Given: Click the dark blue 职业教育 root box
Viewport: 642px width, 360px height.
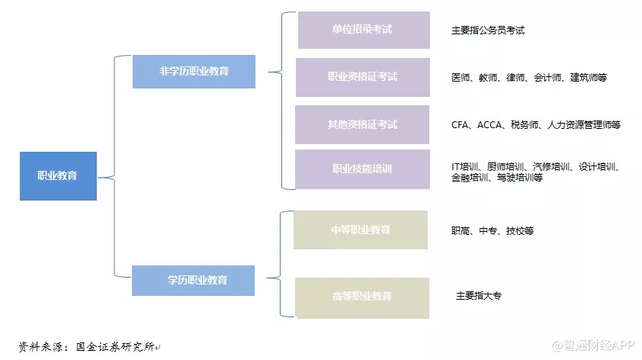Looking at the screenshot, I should pos(58,176).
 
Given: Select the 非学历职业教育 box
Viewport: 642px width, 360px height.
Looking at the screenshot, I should pos(193,72).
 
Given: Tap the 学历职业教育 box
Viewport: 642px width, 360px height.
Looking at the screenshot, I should pos(193,280).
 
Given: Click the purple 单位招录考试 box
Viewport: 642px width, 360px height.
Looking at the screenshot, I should pos(363,31).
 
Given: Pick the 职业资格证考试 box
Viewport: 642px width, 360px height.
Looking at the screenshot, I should pos(363,77).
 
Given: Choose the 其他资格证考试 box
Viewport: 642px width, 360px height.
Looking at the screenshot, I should pos(363,124).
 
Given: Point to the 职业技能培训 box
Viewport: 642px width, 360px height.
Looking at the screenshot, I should pos(363,169).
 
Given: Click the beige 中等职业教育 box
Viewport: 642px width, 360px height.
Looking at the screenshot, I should pos(361,230).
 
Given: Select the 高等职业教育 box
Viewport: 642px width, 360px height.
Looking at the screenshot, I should pos(361,297).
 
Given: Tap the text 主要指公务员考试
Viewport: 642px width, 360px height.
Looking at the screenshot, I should pos(488,31).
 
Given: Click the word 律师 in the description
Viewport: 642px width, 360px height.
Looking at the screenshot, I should pos(515,78).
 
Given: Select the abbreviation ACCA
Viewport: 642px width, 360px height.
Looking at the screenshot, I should pos(490,124).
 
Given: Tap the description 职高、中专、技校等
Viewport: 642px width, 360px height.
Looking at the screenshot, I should pos(492,230).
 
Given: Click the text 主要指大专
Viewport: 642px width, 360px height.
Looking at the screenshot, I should pos(479,296).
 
